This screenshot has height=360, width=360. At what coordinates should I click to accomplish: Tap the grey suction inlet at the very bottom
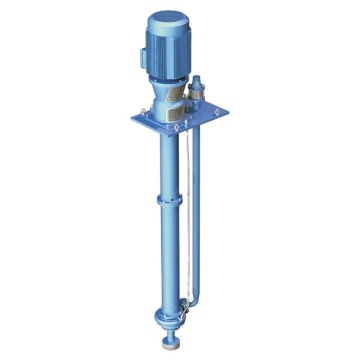(170, 346)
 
